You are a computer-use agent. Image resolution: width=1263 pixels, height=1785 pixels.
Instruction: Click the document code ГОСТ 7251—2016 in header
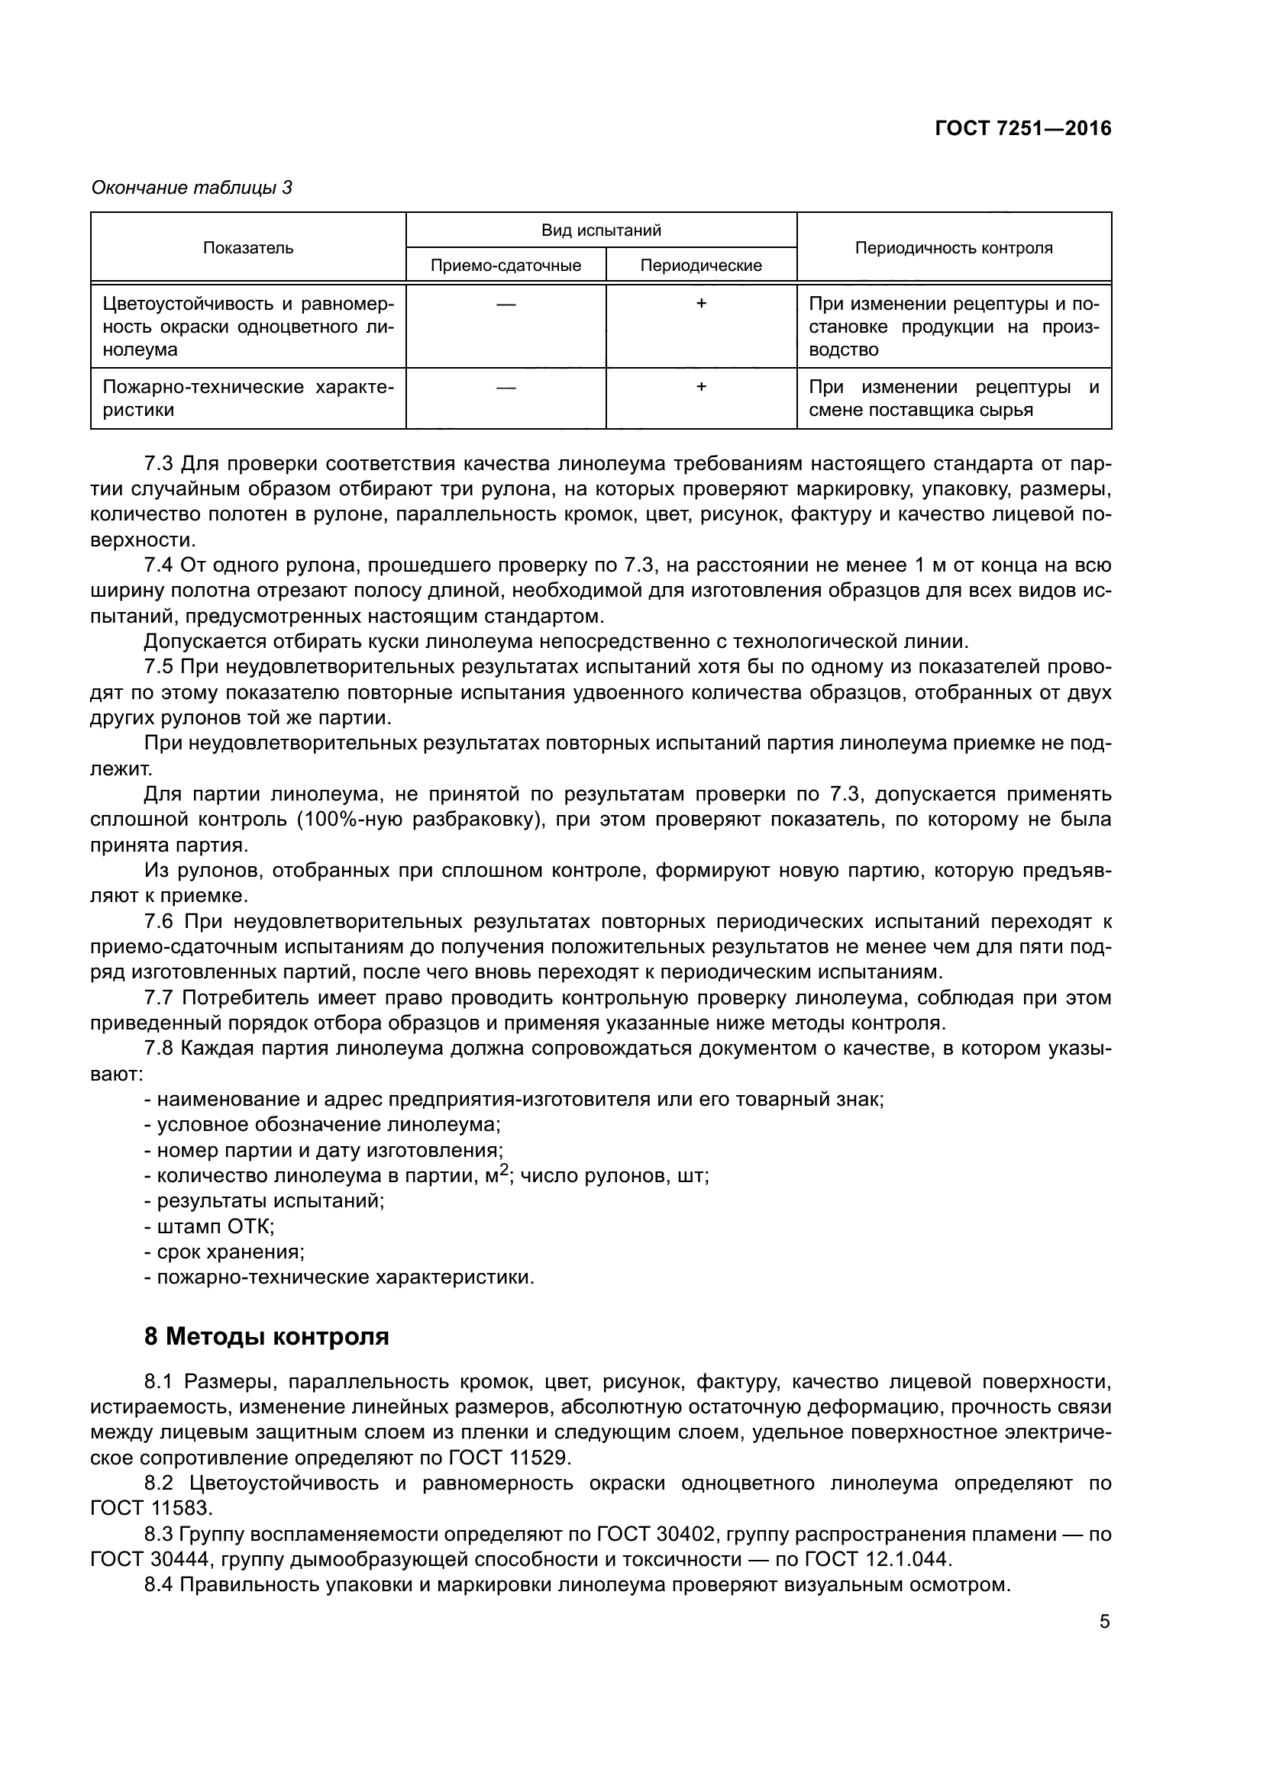tap(1022, 128)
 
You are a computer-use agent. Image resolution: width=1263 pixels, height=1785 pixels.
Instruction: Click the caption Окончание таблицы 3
tap(192, 188)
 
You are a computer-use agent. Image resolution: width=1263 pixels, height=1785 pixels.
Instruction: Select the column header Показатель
tap(248, 248)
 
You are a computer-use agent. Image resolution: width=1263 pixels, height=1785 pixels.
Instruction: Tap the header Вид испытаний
tap(601, 230)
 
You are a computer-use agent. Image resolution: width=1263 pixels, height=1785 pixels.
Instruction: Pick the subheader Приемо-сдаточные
tap(506, 266)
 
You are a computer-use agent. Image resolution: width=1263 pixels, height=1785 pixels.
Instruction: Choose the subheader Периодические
tap(701, 266)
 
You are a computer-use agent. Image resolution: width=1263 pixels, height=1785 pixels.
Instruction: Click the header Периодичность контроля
tap(954, 248)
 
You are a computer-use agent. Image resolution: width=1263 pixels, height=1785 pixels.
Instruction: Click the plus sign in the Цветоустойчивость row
tap(701, 304)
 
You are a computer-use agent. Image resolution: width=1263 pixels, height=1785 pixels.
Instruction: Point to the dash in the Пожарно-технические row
tap(506, 387)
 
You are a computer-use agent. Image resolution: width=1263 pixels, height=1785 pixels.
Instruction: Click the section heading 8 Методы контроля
tap(266, 1337)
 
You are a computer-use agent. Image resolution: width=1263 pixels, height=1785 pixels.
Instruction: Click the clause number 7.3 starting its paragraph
tap(159, 464)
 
